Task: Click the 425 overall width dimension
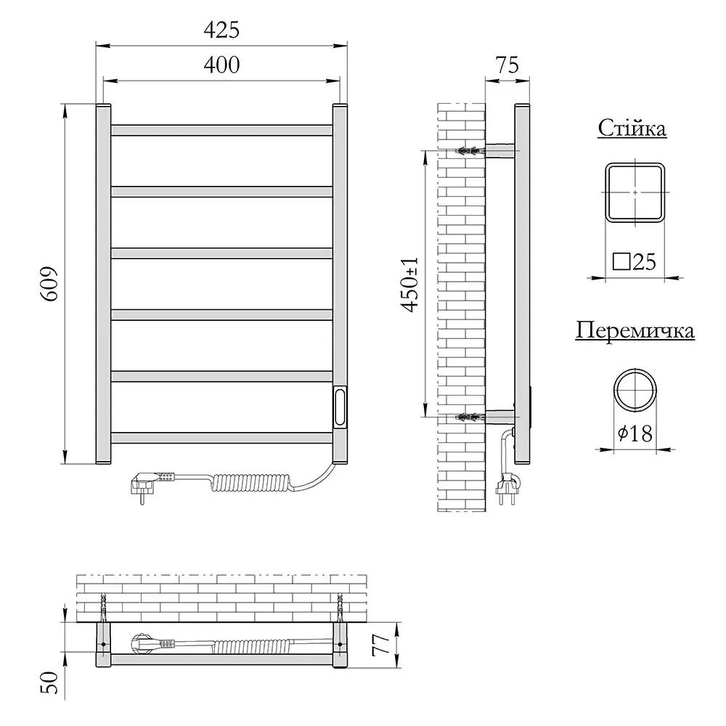click(x=221, y=30)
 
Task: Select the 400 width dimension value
click(x=221, y=65)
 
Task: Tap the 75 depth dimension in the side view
click(x=507, y=65)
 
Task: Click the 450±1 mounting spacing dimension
click(x=409, y=285)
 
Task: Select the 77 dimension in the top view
click(x=382, y=645)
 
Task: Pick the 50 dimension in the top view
click(x=50, y=682)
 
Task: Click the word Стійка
click(x=632, y=128)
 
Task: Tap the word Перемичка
click(x=635, y=330)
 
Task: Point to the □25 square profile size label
click(x=635, y=261)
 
